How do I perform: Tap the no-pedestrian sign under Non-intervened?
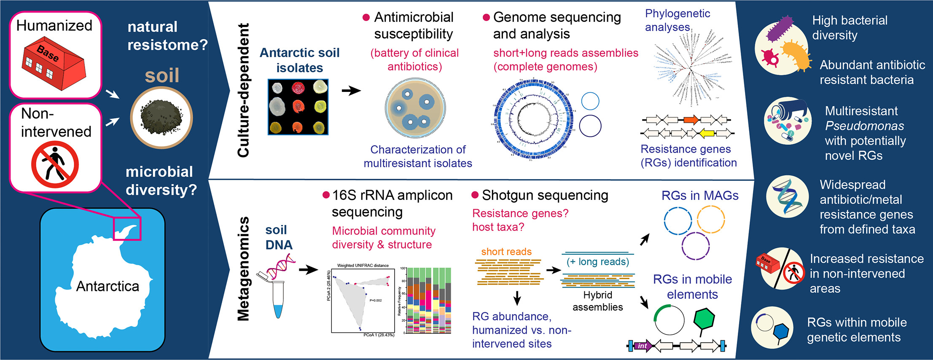point(55,164)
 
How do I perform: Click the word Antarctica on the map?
point(108,286)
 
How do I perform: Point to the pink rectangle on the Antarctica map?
point(127,229)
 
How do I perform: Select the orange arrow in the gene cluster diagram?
point(691,120)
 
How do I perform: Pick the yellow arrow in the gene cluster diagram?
point(707,134)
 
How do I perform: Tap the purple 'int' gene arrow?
point(643,346)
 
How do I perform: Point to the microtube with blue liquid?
point(278,299)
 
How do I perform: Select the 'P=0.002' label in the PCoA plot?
point(375,301)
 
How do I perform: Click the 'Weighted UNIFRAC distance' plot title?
point(363,266)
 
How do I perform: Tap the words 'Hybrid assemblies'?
point(597,301)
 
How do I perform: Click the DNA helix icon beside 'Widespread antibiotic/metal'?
point(787,196)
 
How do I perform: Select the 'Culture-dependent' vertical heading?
point(244,90)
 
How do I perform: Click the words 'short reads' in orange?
point(506,252)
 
